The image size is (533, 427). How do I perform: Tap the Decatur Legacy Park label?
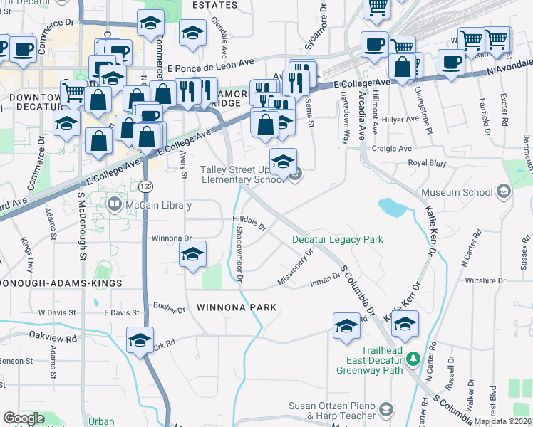(x=338, y=239)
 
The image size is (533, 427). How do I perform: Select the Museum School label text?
(x=457, y=192)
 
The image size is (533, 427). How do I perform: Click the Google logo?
(x=24, y=418)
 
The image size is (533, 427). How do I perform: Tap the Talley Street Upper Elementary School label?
(x=242, y=175)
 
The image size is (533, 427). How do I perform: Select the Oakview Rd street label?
(x=53, y=334)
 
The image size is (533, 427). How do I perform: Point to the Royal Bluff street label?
(x=427, y=163)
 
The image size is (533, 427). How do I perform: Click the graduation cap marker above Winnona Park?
(x=192, y=255)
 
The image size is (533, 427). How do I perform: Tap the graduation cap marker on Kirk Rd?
(x=140, y=340)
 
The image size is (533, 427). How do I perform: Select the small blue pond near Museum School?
(x=392, y=207)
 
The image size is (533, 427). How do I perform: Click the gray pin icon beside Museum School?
(x=504, y=192)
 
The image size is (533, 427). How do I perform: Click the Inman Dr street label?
(x=326, y=281)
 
